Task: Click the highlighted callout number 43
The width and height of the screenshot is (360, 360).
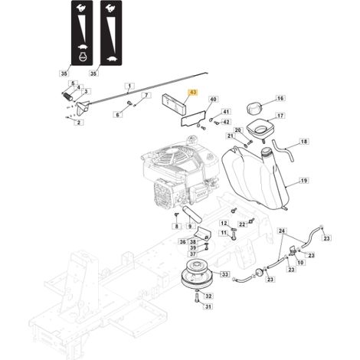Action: pyautogui.click(x=193, y=92)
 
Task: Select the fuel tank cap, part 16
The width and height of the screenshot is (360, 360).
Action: pyautogui.click(x=254, y=108)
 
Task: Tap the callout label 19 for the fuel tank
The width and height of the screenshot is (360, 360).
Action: pyautogui.click(x=304, y=181)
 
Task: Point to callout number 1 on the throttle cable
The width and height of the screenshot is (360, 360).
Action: pyautogui.click(x=129, y=86)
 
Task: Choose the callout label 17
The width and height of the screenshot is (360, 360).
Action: pyautogui.click(x=280, y=116)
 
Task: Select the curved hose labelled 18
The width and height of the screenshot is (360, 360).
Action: pyautogui.click(x=283, y=150)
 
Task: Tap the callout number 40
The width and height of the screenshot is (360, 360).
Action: pyautogui.click(x=214, y=99)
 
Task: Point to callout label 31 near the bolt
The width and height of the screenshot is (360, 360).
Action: pyautogui.click(x=208, y=306)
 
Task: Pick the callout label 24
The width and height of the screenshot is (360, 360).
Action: pyautogui.click(x=282, y=231)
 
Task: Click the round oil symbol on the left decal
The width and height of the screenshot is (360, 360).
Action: pyautogui.click(x=83, y=57)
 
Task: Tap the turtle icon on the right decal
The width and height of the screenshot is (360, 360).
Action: pyautogui.click(x=112, y=59)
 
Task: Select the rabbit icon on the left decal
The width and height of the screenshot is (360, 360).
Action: pyautogui.click(x=82, y=8)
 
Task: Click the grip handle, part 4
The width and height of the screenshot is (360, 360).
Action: pyautogui.click(x=67, y=97)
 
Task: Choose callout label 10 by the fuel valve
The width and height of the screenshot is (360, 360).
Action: pyautogui.click(x=301, y=262)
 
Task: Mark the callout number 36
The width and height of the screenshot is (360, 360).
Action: pyautogui.click(x=183, y=242)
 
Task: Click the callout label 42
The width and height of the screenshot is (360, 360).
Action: pyautogui.click(x=226, y=122)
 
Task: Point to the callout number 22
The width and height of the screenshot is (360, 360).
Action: pyautogui.click(x=242, y=224)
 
